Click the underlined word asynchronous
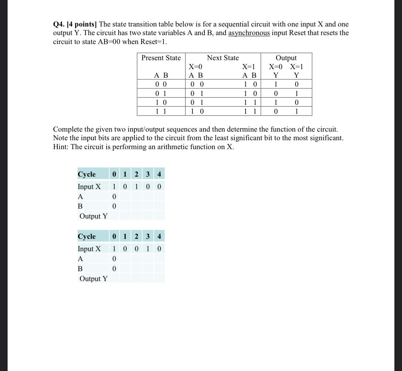tap(249, 33)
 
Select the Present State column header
tap(161, 58)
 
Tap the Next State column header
tap(223, 58)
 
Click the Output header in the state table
tap(286, 58)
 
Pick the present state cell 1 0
tap(161, 102)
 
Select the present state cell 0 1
tap(161, 93)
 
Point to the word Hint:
tap(61, 147)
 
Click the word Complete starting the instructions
tap(68, 130)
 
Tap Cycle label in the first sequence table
tap(87, 174)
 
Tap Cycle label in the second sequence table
tap(87, 237)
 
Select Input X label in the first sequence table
tap(89, 187)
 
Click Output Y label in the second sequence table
tap(93, 279)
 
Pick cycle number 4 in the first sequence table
tap(159, 174)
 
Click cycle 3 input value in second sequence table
tap(148, 249)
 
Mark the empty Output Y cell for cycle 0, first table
tap(114, 216)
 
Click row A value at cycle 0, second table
tap(114, 259)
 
